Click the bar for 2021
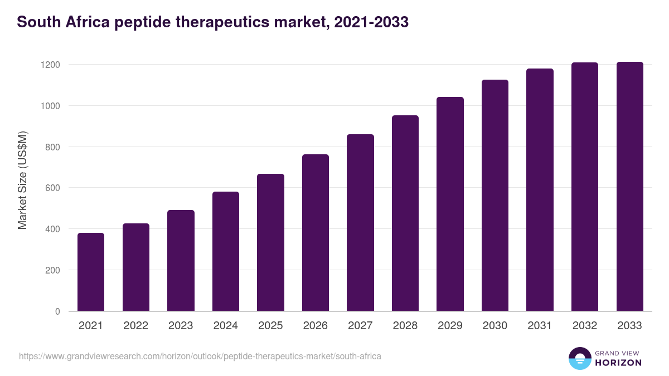(x=91, y=272)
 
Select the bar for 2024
(x=226, y=251)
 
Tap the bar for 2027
(x=360, y=223)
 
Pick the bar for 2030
(x=495, y=196)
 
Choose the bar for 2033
(x=629, y=187)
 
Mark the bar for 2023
(x=181, y=261)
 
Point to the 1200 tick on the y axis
(x=50, y=65)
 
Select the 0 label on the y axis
(x=57, y=311)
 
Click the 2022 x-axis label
(x=135, y=326)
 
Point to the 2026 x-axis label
(x=315, y=326)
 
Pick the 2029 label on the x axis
(x=450, y=326)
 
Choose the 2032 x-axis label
(x=585, y=326)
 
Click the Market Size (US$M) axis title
(x=22, y=180)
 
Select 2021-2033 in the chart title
(x=357, y=22)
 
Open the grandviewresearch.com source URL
(x=200, y=356)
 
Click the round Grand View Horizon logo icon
(x=580, y=358)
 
